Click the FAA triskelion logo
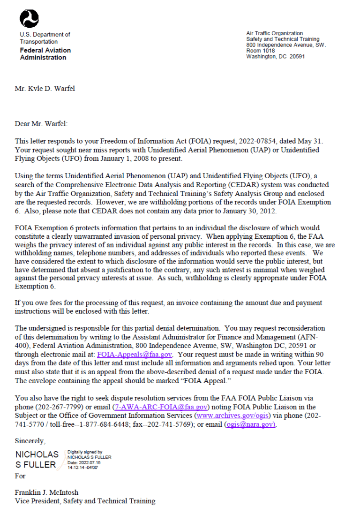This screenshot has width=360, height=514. (29, 18)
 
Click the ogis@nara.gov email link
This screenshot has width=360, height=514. (250, 424)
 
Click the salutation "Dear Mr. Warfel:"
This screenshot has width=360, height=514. (41, 124)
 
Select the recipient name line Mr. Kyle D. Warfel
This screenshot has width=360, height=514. (45, 88)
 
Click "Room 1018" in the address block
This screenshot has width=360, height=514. (261, 51)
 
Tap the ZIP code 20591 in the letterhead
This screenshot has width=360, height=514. (297, 57)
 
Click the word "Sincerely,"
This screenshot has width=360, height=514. (30, 441)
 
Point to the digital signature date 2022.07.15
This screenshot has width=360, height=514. (90, 462)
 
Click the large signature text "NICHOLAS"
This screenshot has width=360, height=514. (37, 454)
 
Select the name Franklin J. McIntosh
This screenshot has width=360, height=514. (47, 492)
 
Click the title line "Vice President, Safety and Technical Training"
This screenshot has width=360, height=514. (85, 501)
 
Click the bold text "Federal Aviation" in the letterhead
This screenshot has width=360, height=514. (45, 50)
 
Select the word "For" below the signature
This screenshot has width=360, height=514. (20, 476)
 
